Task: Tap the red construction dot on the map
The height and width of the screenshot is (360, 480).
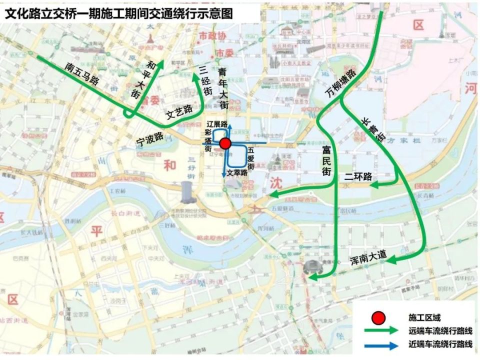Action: tap(225, 144)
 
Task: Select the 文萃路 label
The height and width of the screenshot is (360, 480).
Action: tap(237, 172)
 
